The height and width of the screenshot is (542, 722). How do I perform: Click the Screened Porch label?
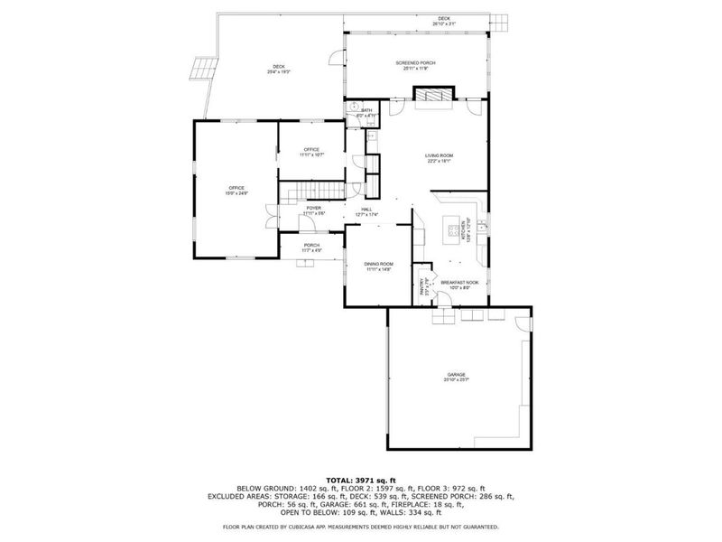point(416,64)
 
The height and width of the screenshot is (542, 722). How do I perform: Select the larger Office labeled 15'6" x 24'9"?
point(236,190)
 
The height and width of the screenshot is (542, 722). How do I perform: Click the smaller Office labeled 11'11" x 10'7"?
point(311,152)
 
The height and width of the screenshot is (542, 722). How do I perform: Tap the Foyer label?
point(313,210)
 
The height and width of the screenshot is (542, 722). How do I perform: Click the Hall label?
point(367,210)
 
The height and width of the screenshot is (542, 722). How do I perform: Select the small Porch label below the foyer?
point(311,247)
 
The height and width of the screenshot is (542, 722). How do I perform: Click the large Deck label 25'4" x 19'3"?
point(279,69)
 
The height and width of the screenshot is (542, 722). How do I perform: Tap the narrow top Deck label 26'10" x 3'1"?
point(444,21)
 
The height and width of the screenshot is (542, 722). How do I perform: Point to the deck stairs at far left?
point(203,69)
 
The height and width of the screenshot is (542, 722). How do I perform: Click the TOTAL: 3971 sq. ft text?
point(361,481)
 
